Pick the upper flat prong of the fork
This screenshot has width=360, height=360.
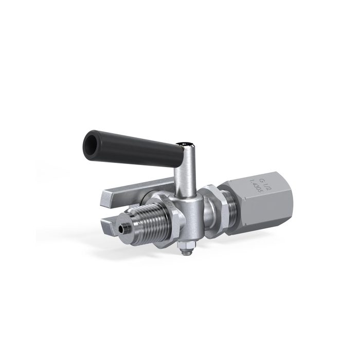point(123,191)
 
